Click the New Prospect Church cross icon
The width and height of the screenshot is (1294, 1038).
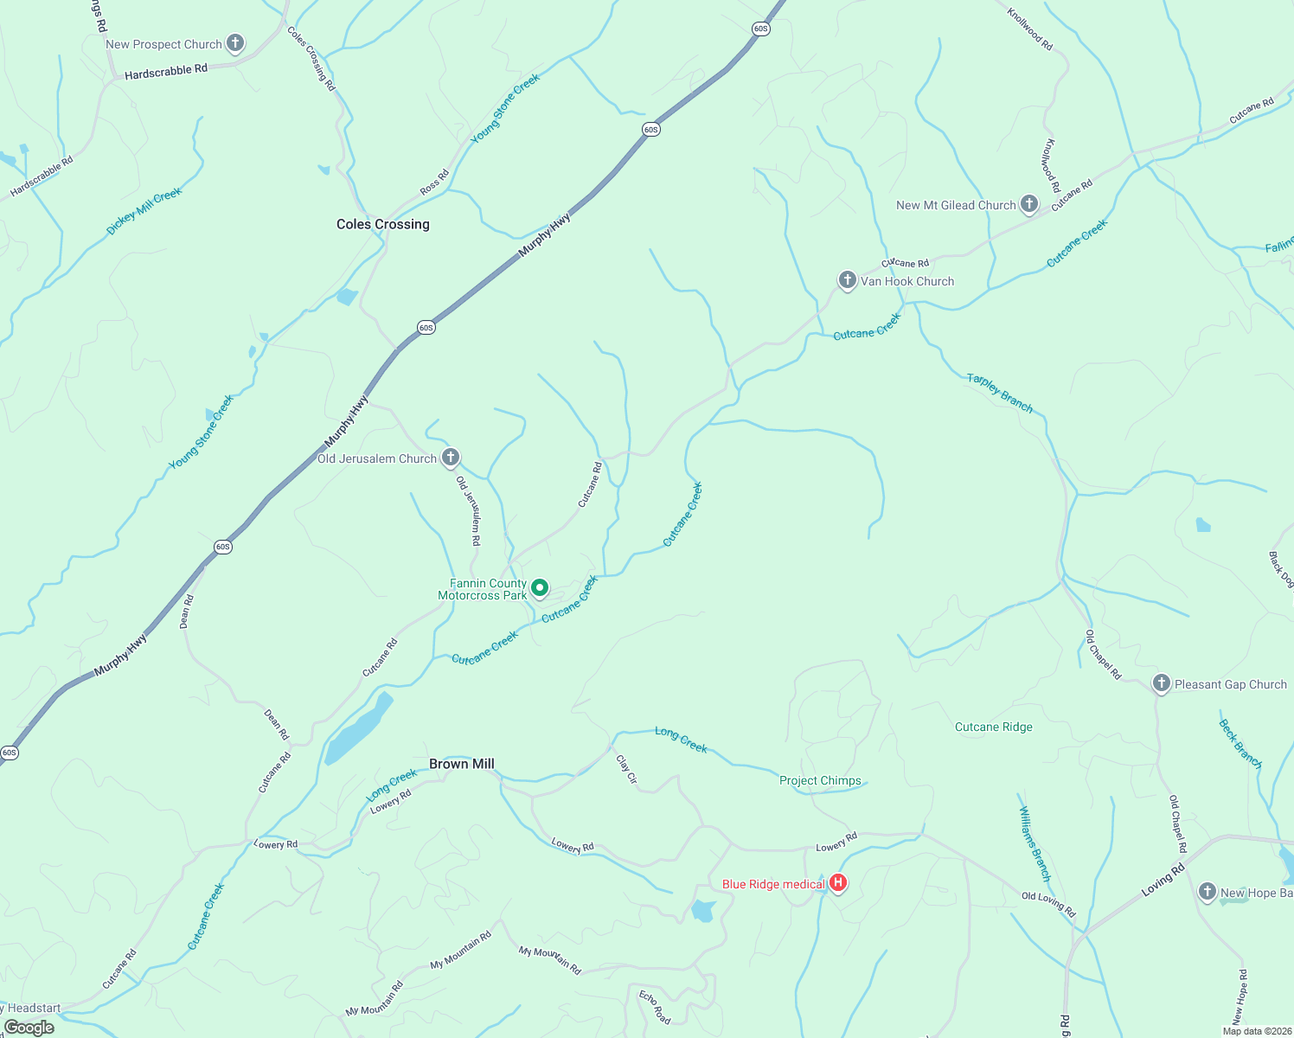[x=234, y=43]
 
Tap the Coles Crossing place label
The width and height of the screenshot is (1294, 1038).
[x=382, y=224]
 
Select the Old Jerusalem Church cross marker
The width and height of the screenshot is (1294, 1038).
[x=450, y=458]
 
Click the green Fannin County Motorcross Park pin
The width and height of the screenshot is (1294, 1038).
[x=539, y=588]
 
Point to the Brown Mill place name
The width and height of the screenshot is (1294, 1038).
[x=462, y=764]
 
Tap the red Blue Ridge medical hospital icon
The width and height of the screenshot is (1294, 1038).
[x=837, y=883]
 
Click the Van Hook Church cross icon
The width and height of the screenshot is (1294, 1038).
[x=847, y=280]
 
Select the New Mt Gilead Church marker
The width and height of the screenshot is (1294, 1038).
[x=1028, y=204]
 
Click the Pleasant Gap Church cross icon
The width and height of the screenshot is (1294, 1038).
[x=1161, y=683]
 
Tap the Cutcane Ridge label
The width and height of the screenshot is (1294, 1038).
[x=993, y=727]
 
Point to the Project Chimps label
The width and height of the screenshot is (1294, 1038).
[x=820, y=780]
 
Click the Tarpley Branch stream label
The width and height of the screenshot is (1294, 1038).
[x=999, y=392]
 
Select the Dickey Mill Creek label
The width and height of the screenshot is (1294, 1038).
[x=144, y=212]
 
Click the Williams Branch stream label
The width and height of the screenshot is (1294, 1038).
[x=1035, y=843]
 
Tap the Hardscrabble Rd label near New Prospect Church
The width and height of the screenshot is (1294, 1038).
[x=166, y=71]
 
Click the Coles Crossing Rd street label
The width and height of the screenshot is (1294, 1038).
[x=311, y=59]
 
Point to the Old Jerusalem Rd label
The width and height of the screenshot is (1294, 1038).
[x=468, y=510]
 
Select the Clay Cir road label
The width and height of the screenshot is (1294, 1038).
[x=626, y=769]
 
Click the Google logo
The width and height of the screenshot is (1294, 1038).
[x=29, y=1028]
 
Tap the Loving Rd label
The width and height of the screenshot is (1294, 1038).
[x=1163, y=881]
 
